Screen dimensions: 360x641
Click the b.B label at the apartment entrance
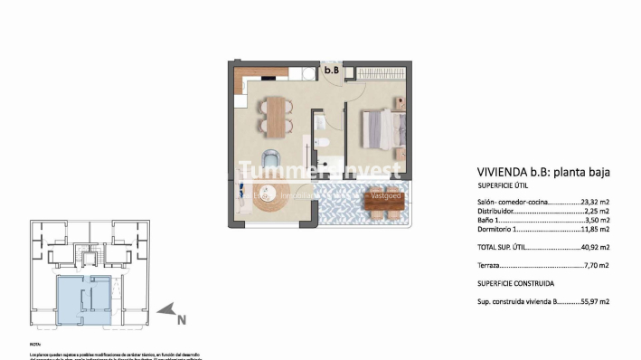332,70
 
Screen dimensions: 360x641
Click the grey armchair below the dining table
273,152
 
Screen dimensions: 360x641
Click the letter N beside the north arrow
181,318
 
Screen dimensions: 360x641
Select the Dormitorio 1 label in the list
499,229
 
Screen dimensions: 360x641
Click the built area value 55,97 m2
594,301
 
